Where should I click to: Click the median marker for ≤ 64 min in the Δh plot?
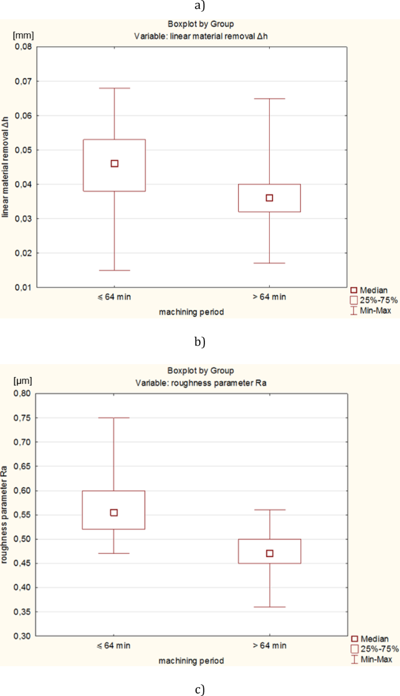(x=114, y=164)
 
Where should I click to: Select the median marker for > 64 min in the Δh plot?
(x=269, y=198)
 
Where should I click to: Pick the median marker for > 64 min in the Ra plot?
(x=269, y=553)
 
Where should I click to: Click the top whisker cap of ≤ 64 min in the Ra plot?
(x=114, y=418)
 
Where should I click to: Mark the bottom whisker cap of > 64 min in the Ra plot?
(x=269, y=607)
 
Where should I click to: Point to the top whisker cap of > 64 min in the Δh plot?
(x=269, y=99)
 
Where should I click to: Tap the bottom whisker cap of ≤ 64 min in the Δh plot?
(x=114, y=271)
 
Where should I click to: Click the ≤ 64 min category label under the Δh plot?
(x=114, y=297)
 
